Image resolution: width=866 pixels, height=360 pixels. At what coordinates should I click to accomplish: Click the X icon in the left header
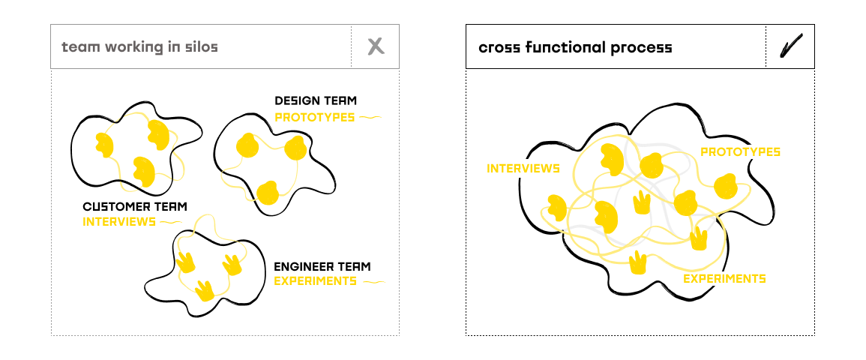coord(376,46)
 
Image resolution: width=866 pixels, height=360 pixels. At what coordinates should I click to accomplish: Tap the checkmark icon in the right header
coord(790,46)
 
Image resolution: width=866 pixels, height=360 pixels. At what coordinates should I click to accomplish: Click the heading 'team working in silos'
coord(139,47)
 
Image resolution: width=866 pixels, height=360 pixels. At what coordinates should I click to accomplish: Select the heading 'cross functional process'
coord(575,47)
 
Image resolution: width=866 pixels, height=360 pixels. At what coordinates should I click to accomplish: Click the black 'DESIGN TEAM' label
coord(316,100)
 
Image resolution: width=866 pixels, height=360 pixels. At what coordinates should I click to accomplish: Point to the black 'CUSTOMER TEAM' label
coord(135,206)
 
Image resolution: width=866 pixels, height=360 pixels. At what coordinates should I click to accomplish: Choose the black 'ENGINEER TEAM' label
coord(322,266)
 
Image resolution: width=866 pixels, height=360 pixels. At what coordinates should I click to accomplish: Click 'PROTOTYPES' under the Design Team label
coord(314,117)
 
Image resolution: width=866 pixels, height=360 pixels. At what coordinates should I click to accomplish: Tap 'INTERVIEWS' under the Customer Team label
coord(119,222)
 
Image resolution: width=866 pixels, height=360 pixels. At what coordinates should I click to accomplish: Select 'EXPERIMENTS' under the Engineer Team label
coord(315,281)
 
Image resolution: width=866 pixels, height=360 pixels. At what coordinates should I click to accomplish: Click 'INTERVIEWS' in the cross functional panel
coord(523,168)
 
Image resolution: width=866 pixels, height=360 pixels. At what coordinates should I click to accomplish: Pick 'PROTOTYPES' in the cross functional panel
coord(740,152)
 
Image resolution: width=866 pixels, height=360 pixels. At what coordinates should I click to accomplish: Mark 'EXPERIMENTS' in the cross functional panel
coord(724,279)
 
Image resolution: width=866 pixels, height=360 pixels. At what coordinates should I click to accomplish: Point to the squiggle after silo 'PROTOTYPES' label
coord(370,117)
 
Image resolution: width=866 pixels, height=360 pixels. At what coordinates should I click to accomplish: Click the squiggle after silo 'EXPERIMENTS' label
coord(373,282)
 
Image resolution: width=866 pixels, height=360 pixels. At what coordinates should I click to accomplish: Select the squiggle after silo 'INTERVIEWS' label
coord(171,222)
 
